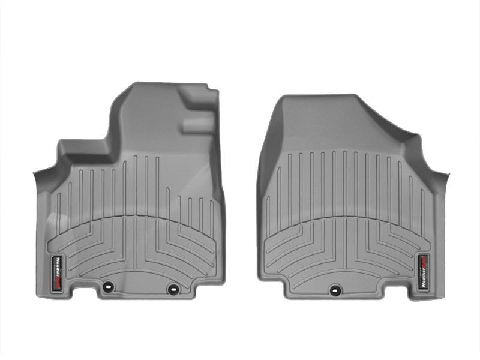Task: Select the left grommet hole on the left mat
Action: click(109, 287)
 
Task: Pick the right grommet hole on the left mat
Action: click(173, 289)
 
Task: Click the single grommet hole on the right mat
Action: click(334, 290)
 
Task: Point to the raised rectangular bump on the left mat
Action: click(197, 125)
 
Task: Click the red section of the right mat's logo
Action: click(424, 260)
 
